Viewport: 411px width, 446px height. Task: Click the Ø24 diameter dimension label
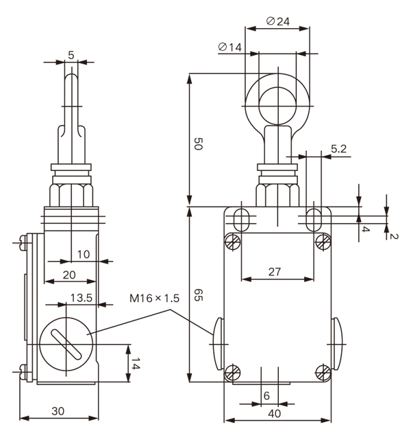278,21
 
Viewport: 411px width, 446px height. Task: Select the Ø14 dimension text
230,47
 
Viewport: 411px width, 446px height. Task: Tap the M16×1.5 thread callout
155,298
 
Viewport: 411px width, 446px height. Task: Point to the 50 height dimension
198,144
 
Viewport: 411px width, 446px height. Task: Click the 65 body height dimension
198,295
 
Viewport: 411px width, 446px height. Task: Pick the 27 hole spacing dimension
275,272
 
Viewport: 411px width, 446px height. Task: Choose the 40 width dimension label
275,413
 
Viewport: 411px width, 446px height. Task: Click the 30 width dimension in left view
58,411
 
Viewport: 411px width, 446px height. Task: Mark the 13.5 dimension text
82,298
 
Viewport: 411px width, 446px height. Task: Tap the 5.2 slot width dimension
338,149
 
